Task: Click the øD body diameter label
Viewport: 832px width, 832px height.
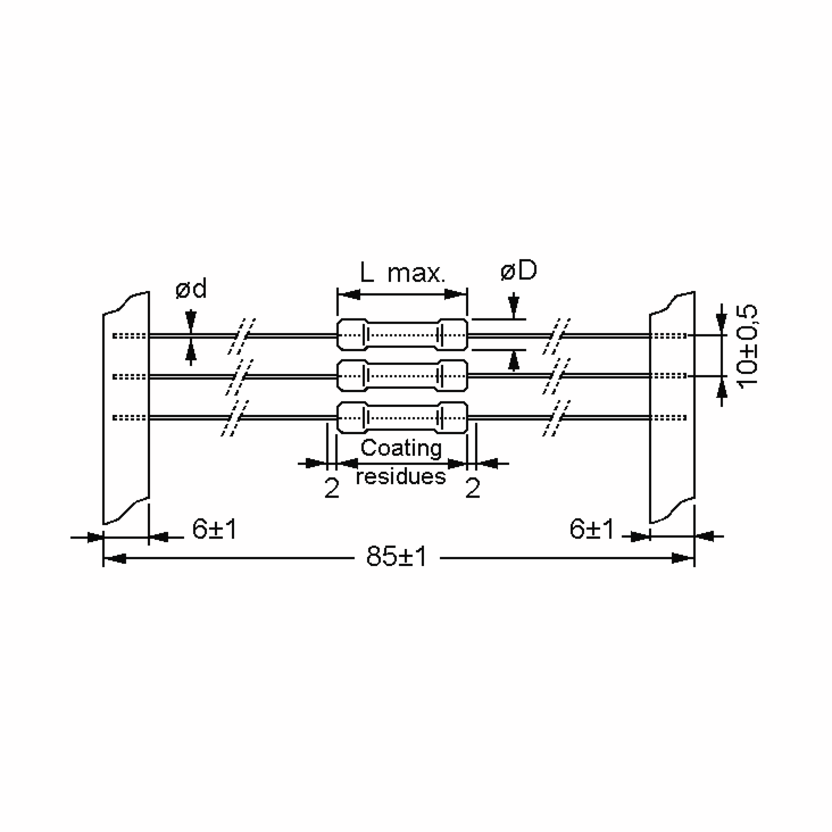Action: (x=519, y=271)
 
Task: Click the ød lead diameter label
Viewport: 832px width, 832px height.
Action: (x=191, y=288)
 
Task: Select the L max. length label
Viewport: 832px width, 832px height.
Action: (x=402, y=273)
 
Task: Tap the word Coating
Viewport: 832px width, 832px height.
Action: (x=401, y=448)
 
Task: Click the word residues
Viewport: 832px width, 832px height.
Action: (x=401, y=477)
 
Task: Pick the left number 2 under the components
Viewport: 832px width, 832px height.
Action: (x=332, y=488)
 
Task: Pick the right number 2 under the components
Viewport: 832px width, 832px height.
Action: (x=473, y=488)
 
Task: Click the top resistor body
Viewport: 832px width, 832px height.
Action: (x=402, y=335)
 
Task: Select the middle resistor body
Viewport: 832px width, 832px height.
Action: (x=402, y=375)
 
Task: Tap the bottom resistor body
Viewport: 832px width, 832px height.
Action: (x=402, y=417)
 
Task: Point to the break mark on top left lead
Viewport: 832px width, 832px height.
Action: (x=242, y=336)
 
